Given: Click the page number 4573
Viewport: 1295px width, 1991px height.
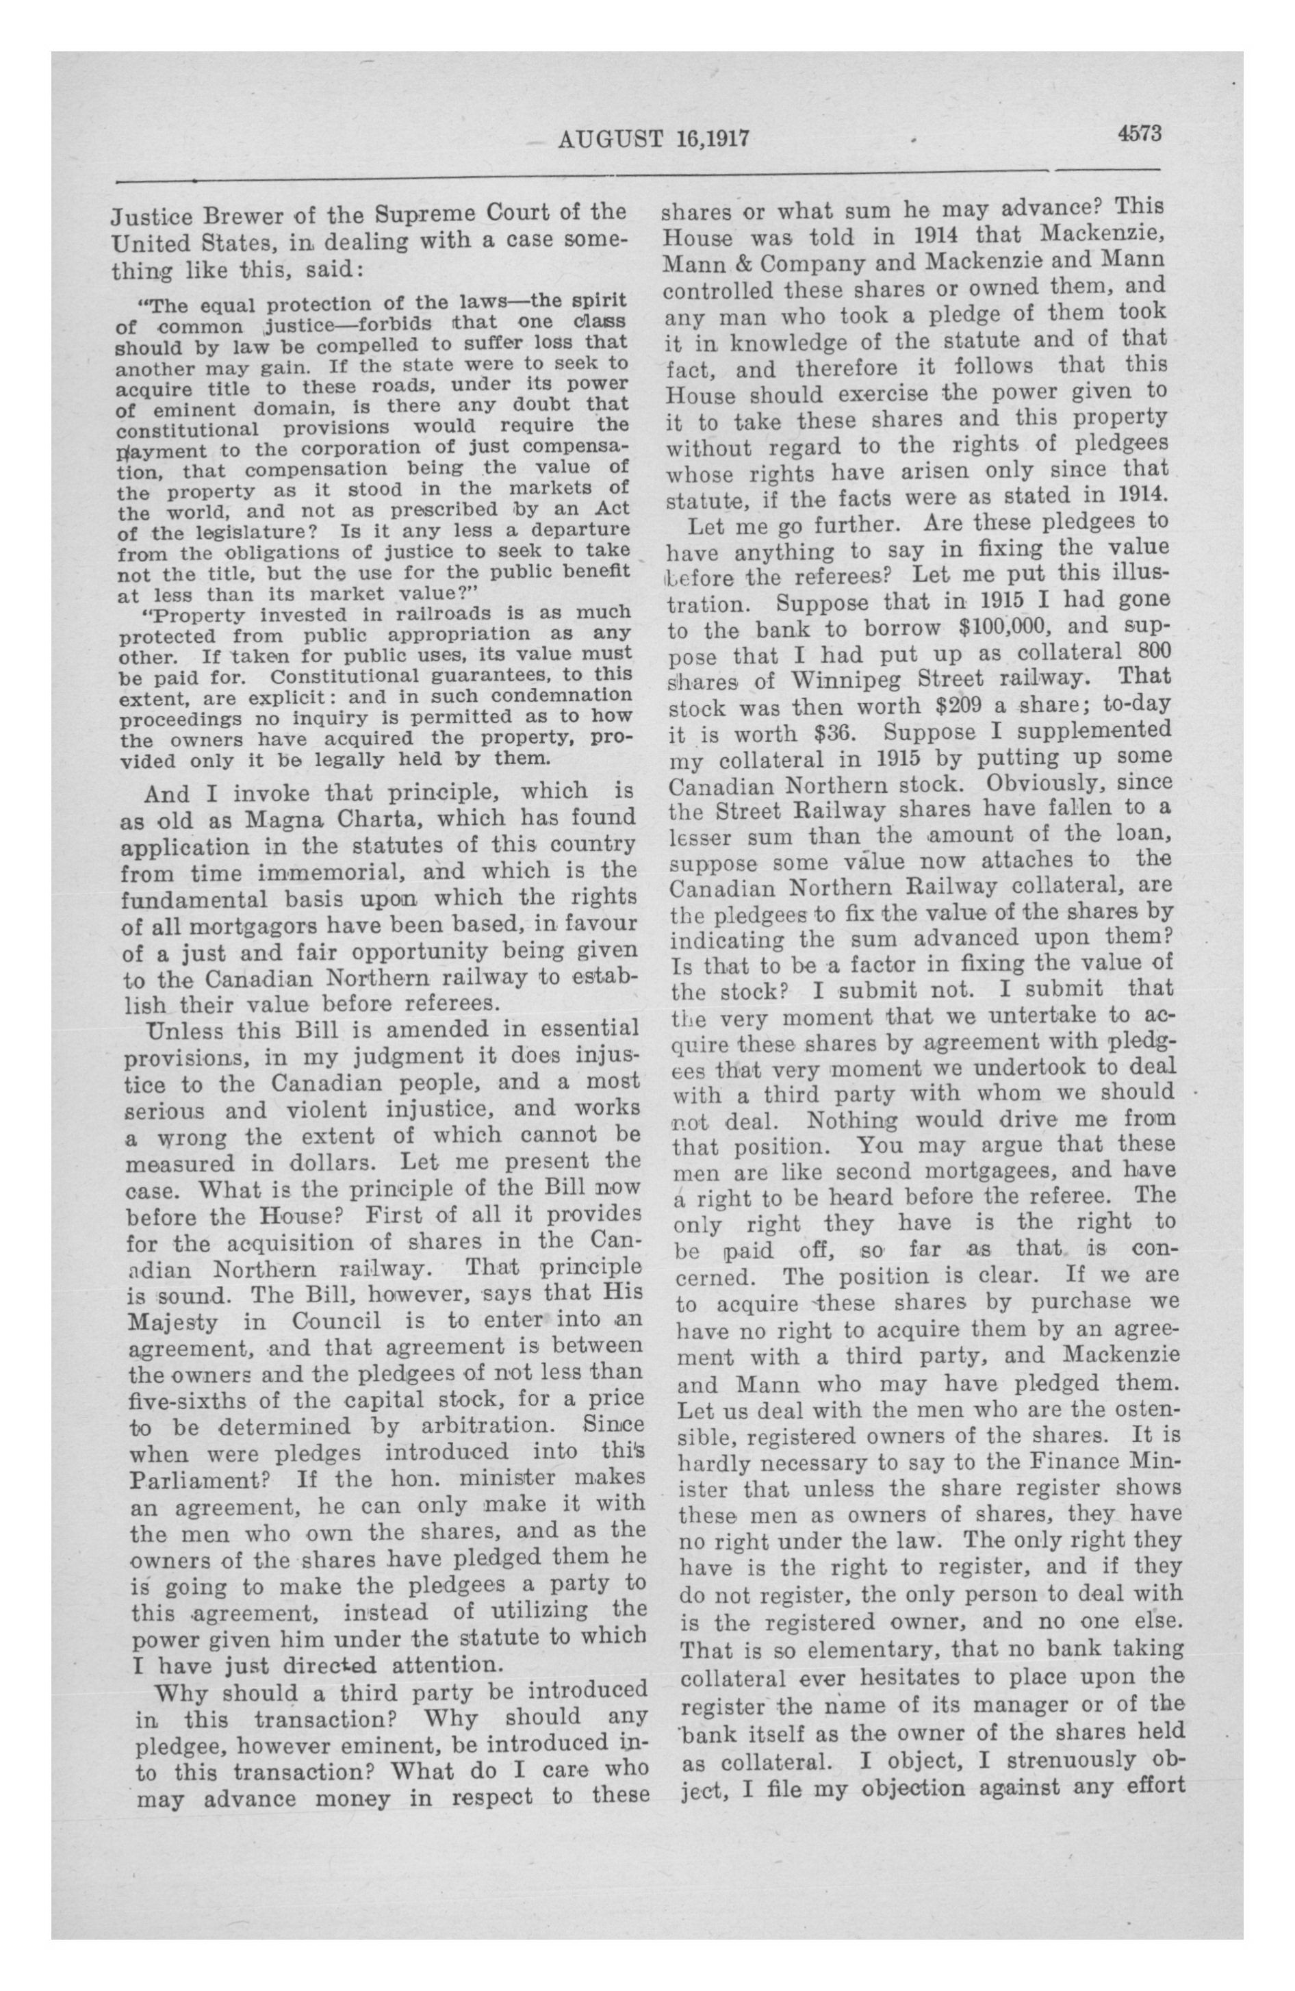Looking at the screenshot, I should point(1137,133).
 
